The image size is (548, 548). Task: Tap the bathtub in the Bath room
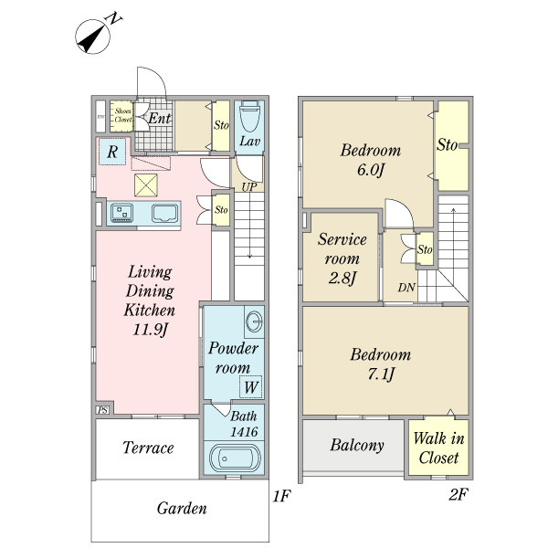click(231, 458)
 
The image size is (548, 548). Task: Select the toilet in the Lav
click(249, 116)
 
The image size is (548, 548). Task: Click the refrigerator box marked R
click(112, 152)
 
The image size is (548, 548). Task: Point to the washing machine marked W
click(250, 386)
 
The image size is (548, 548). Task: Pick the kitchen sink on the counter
click(164, 213)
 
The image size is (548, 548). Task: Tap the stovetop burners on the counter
click(121, 213)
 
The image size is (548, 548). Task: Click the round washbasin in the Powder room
click(254, 321)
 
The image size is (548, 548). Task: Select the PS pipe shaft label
click(102, 410)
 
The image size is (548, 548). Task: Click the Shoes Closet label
click(123, 115)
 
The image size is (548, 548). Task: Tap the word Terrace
click(148, 448)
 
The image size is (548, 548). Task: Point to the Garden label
click(182, 508)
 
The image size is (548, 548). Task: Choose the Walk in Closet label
click(439, 448)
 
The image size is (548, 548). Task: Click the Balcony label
click(357, 446)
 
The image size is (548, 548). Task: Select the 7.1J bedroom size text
click(381, 374)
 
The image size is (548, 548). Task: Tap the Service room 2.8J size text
click(342, 279)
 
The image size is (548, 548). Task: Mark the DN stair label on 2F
click(406, 288)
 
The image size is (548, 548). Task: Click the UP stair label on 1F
click(249, 187)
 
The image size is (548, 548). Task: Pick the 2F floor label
click(458, 494)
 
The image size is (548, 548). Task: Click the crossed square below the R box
click(146, 185)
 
